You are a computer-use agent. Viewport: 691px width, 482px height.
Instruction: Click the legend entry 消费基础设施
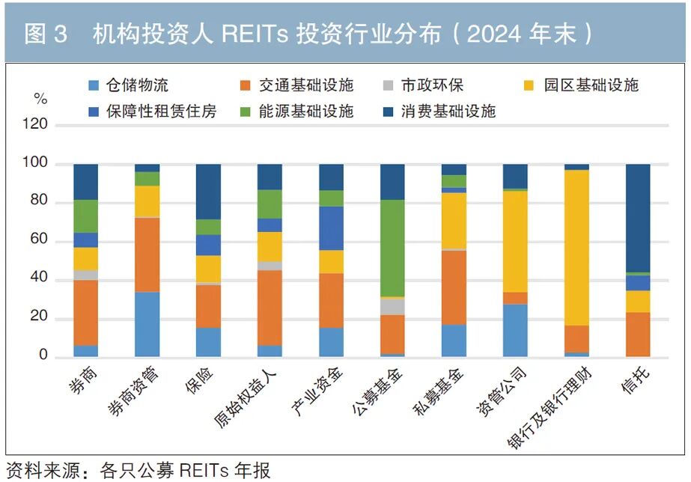click(448, 112)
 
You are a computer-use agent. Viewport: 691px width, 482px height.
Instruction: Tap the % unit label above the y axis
click(40, 99)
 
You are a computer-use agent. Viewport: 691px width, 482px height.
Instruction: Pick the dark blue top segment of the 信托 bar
click(637, 218)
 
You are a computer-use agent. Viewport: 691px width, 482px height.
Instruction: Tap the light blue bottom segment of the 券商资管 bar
click(147, 324)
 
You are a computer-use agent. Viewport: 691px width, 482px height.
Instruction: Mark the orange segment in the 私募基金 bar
click(454, 287)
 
